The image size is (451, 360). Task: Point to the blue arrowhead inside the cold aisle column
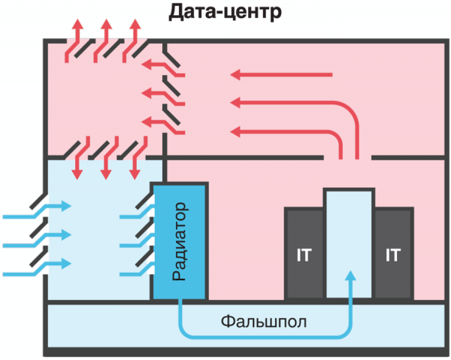tap(348, 276)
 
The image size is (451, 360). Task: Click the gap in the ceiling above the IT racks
tap(347, 158)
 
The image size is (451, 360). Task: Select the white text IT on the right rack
tap(392, 255)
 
